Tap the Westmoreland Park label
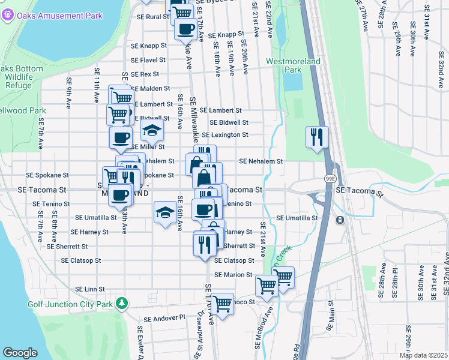coord(293,65)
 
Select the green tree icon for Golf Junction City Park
coord(122,303)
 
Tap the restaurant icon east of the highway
coord(316,136)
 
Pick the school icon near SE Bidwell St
coord(152,130)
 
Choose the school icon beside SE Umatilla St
coord(166,212)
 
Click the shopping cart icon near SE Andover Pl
coord(222,304)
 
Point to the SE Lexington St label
coord(224,135)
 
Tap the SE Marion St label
coord(232,275)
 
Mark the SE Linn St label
coord(82,289)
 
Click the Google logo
coord(20,353)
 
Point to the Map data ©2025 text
coord(423,355)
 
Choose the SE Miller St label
coord(147,147)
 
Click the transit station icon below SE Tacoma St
coord(340,220)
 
